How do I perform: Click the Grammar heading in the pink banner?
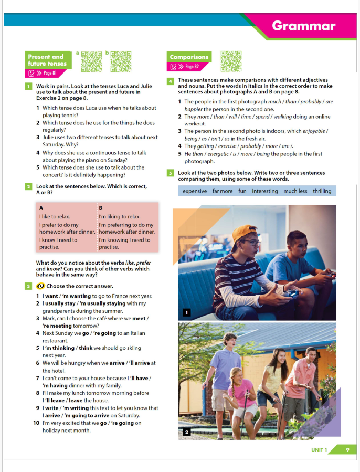click(x=303, y=26)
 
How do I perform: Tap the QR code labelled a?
click(x=91, y=61)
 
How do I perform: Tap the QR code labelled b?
click(x=121, y=61)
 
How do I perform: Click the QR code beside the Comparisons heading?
click(x=231, y=61)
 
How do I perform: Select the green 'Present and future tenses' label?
click(x=47, y=60)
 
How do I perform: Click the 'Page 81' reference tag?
click(x=43, y=73)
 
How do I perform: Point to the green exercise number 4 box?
click(x=171, y=81)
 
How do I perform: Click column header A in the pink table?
click(x=41, y=208)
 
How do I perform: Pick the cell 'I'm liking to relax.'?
click(x=120, y=216)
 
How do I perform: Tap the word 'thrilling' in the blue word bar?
click(x=322, y=191)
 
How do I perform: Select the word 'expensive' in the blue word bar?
click(x=195, y=191)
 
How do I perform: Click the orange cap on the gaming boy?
click(x=245, y=233)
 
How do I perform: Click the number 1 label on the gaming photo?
click(x=186, y=313)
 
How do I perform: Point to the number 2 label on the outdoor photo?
click(x=186, y=432)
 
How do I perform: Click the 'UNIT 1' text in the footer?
click(x=319, y=450)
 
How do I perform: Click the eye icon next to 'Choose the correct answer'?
click(x=40, y=286)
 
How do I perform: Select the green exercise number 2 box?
click(x=28, y=186)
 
